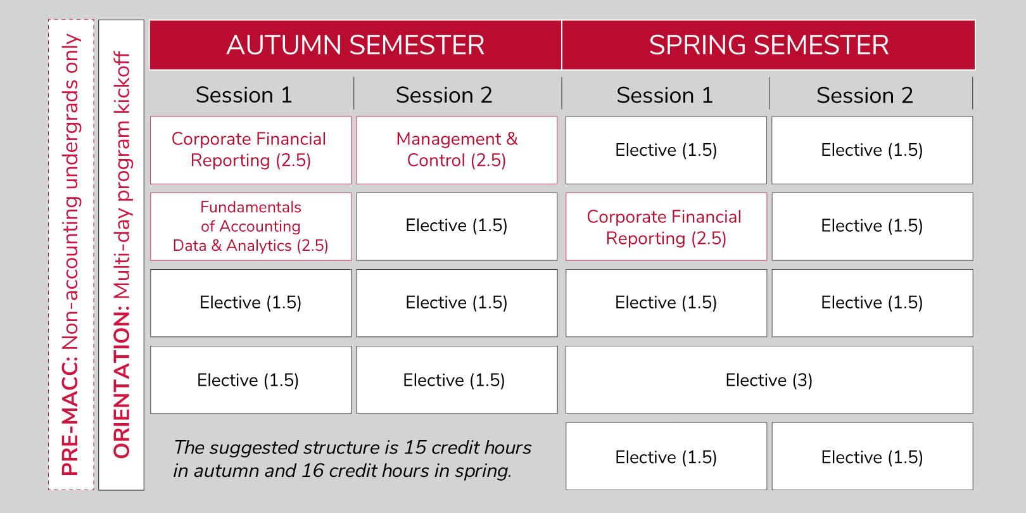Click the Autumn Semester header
point(355,45)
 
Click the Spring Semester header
point(768,45)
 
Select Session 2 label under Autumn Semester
point(443,95)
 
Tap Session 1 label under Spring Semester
point(664,95)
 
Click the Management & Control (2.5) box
point(457,149)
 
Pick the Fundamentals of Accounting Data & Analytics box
point(250,226)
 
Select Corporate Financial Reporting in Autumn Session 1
point(250,149)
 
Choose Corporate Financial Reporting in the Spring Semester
point(665,227)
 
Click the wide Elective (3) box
point(768,380)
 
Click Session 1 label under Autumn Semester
point(244,95)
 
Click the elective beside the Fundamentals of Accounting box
point(457,226)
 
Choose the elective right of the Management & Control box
point(665,150)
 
